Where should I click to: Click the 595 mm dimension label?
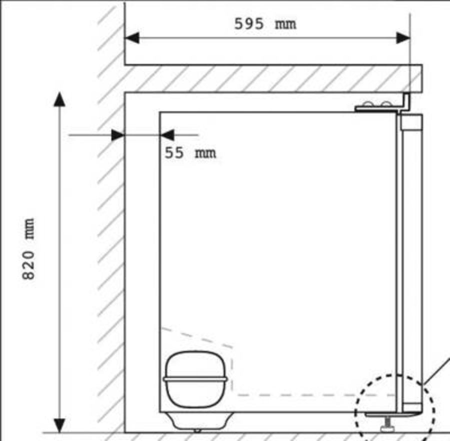pyautogui.click(x=265, y=24)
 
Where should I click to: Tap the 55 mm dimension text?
pyautogui.click(x=190, y=152)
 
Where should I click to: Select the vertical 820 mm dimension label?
pyautogui.click(x=28, y=249)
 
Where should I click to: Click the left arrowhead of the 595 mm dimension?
pyautogui.click(x=132, y=38)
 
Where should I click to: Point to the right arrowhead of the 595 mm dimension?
pyautogui.click(x=403, y=38)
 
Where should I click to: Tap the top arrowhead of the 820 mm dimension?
pyautogui.click(x=59, y=99)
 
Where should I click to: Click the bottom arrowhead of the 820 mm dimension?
pyautogui.click(x=59, y=425)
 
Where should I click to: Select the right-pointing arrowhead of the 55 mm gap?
pyautogui.click(x=117, y=135)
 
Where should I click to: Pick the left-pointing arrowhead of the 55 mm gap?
pyautogui.click(x=166, y=135)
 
